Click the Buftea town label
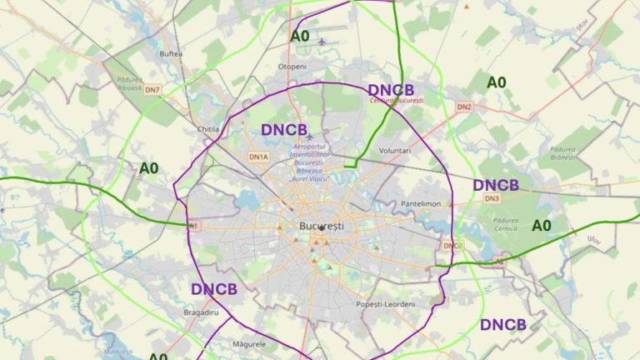tap(171, 53)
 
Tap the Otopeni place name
tap(292, 66)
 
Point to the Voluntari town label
tap(395, 151)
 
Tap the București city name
tap(321, 226)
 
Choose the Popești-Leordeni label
tap(385, 304)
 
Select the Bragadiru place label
tap(200, 312)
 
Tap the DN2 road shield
tap(464, 107)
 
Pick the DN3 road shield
tap(491, 198)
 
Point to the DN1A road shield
tap(258, 157)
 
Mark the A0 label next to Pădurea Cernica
tap(542, 225)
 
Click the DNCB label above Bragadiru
tap(214, 289)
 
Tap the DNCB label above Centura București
tap(391, 89)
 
